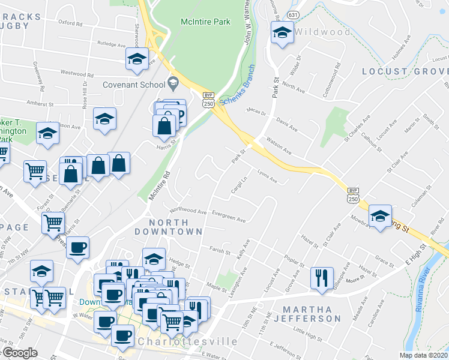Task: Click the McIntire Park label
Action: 205,22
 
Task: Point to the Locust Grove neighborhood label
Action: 405,71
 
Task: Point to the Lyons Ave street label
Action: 268,178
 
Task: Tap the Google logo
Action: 20,353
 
